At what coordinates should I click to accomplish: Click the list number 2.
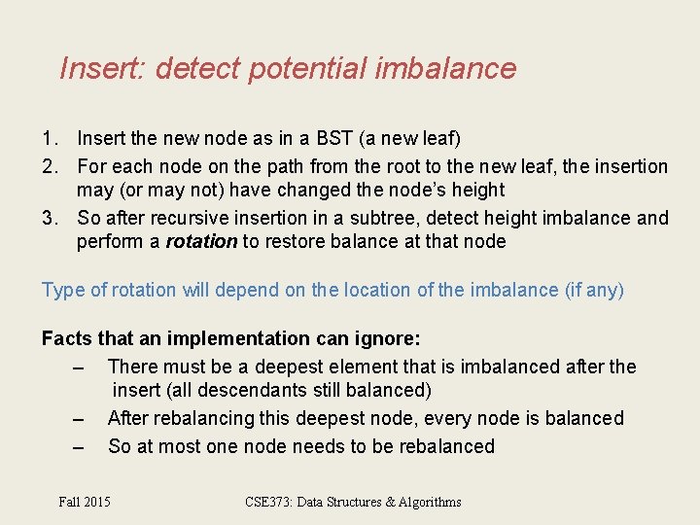click(x=49, y=166)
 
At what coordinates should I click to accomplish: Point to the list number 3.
click(x=49, y=218)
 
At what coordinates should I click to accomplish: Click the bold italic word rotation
click(x=201, y=242)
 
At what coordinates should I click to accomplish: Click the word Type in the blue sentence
click(x=60, y=290)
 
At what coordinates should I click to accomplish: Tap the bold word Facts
click(x=68, y=338)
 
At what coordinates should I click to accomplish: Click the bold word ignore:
click(x=387, y=338)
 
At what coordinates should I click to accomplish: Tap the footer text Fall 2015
click(x=85, y=502)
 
